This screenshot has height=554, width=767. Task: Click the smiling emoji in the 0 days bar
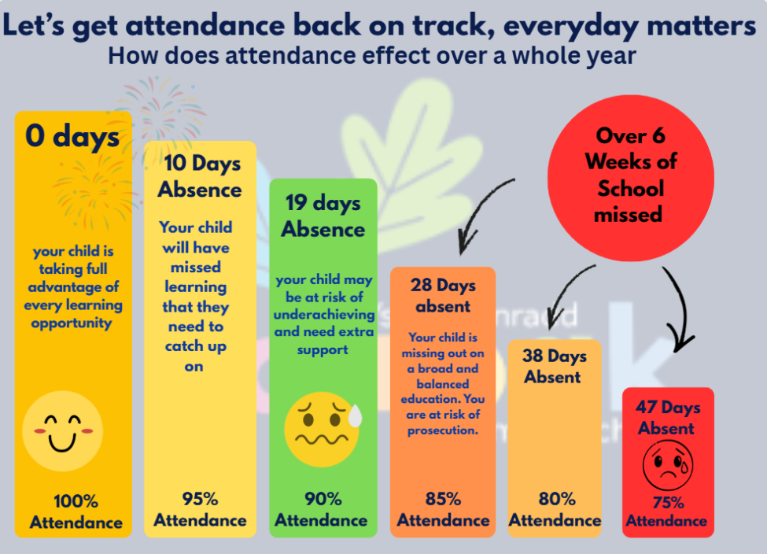pos(62,431)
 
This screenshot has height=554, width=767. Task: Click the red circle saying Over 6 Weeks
pos(630,175)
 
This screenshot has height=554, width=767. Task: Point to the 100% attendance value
pos(76,501)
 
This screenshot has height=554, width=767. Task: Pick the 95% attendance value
pos(200,499)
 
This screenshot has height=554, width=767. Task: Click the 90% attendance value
pos(323,499)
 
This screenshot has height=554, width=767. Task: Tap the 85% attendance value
pos(443,499)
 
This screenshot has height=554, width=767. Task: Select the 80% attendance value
pos(556,499)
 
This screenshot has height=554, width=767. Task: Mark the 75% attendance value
pos(667,503)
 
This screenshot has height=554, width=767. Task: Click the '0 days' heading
pos(72,137)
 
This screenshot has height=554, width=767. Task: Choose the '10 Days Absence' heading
pos(200,176)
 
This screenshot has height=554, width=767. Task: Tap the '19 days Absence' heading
pos(323,216)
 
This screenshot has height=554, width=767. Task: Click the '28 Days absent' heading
pos(443,295)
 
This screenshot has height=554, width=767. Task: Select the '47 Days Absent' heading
pos(667,417)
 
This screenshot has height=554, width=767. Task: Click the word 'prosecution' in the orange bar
pos(443,430)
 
